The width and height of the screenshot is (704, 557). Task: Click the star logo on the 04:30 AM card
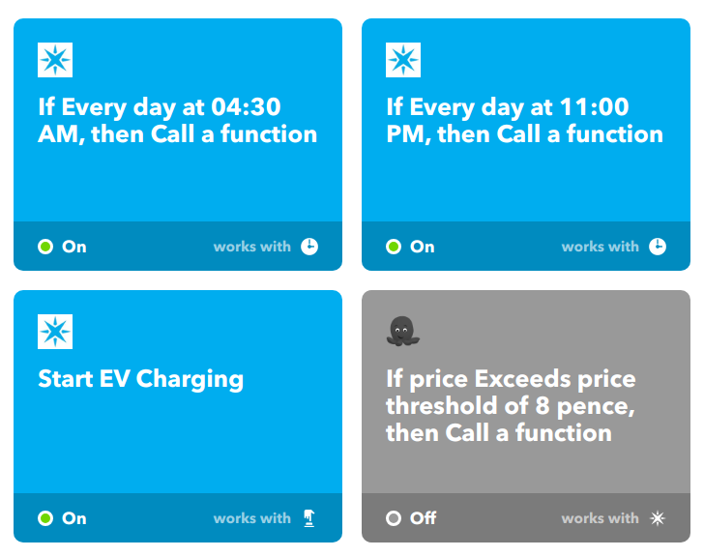tap(55, 60)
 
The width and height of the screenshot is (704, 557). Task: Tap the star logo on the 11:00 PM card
tap(403, 60)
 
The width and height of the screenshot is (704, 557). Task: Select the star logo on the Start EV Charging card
tap(55, 332)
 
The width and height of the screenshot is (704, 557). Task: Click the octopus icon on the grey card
tap(402, 332)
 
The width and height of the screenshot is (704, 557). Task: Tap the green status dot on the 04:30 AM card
tap(45, 247)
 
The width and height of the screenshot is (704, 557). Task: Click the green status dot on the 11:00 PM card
tap(394, 247)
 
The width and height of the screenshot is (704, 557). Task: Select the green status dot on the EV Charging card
tap(45, 518)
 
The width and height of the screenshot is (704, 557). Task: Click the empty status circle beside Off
tap(394, 518)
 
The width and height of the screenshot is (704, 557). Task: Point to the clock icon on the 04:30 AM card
tap(309, 247)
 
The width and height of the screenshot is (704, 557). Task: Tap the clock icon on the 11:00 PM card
tap(658, 247)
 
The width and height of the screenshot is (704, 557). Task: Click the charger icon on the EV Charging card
tap(309, 518)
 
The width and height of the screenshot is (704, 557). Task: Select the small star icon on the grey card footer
tap(658, 518)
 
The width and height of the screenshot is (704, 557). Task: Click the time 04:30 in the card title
tap(246, 106)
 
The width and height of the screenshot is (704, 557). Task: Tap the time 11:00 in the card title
tap(594, 106)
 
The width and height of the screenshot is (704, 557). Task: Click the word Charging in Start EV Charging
tap(190, 380)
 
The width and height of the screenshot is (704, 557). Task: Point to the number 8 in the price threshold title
tap(543, 406)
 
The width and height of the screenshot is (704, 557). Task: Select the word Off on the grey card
tap(423, 518)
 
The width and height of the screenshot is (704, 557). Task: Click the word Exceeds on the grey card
tap(522, 379)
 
